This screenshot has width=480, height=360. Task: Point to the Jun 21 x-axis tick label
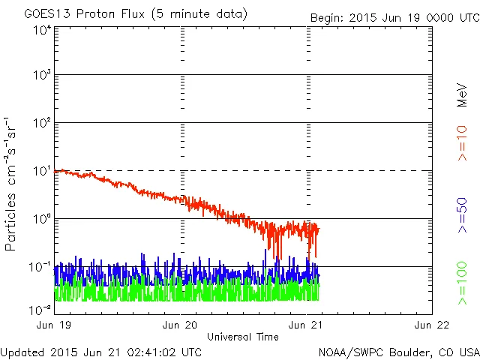point(307,325)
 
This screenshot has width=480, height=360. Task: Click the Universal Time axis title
point(243,337)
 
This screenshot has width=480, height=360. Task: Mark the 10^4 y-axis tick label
point(41,30)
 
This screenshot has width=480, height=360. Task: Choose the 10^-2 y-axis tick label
point(40,310)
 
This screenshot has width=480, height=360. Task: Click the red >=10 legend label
point(462,143)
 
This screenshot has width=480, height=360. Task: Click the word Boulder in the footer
point(406,352)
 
